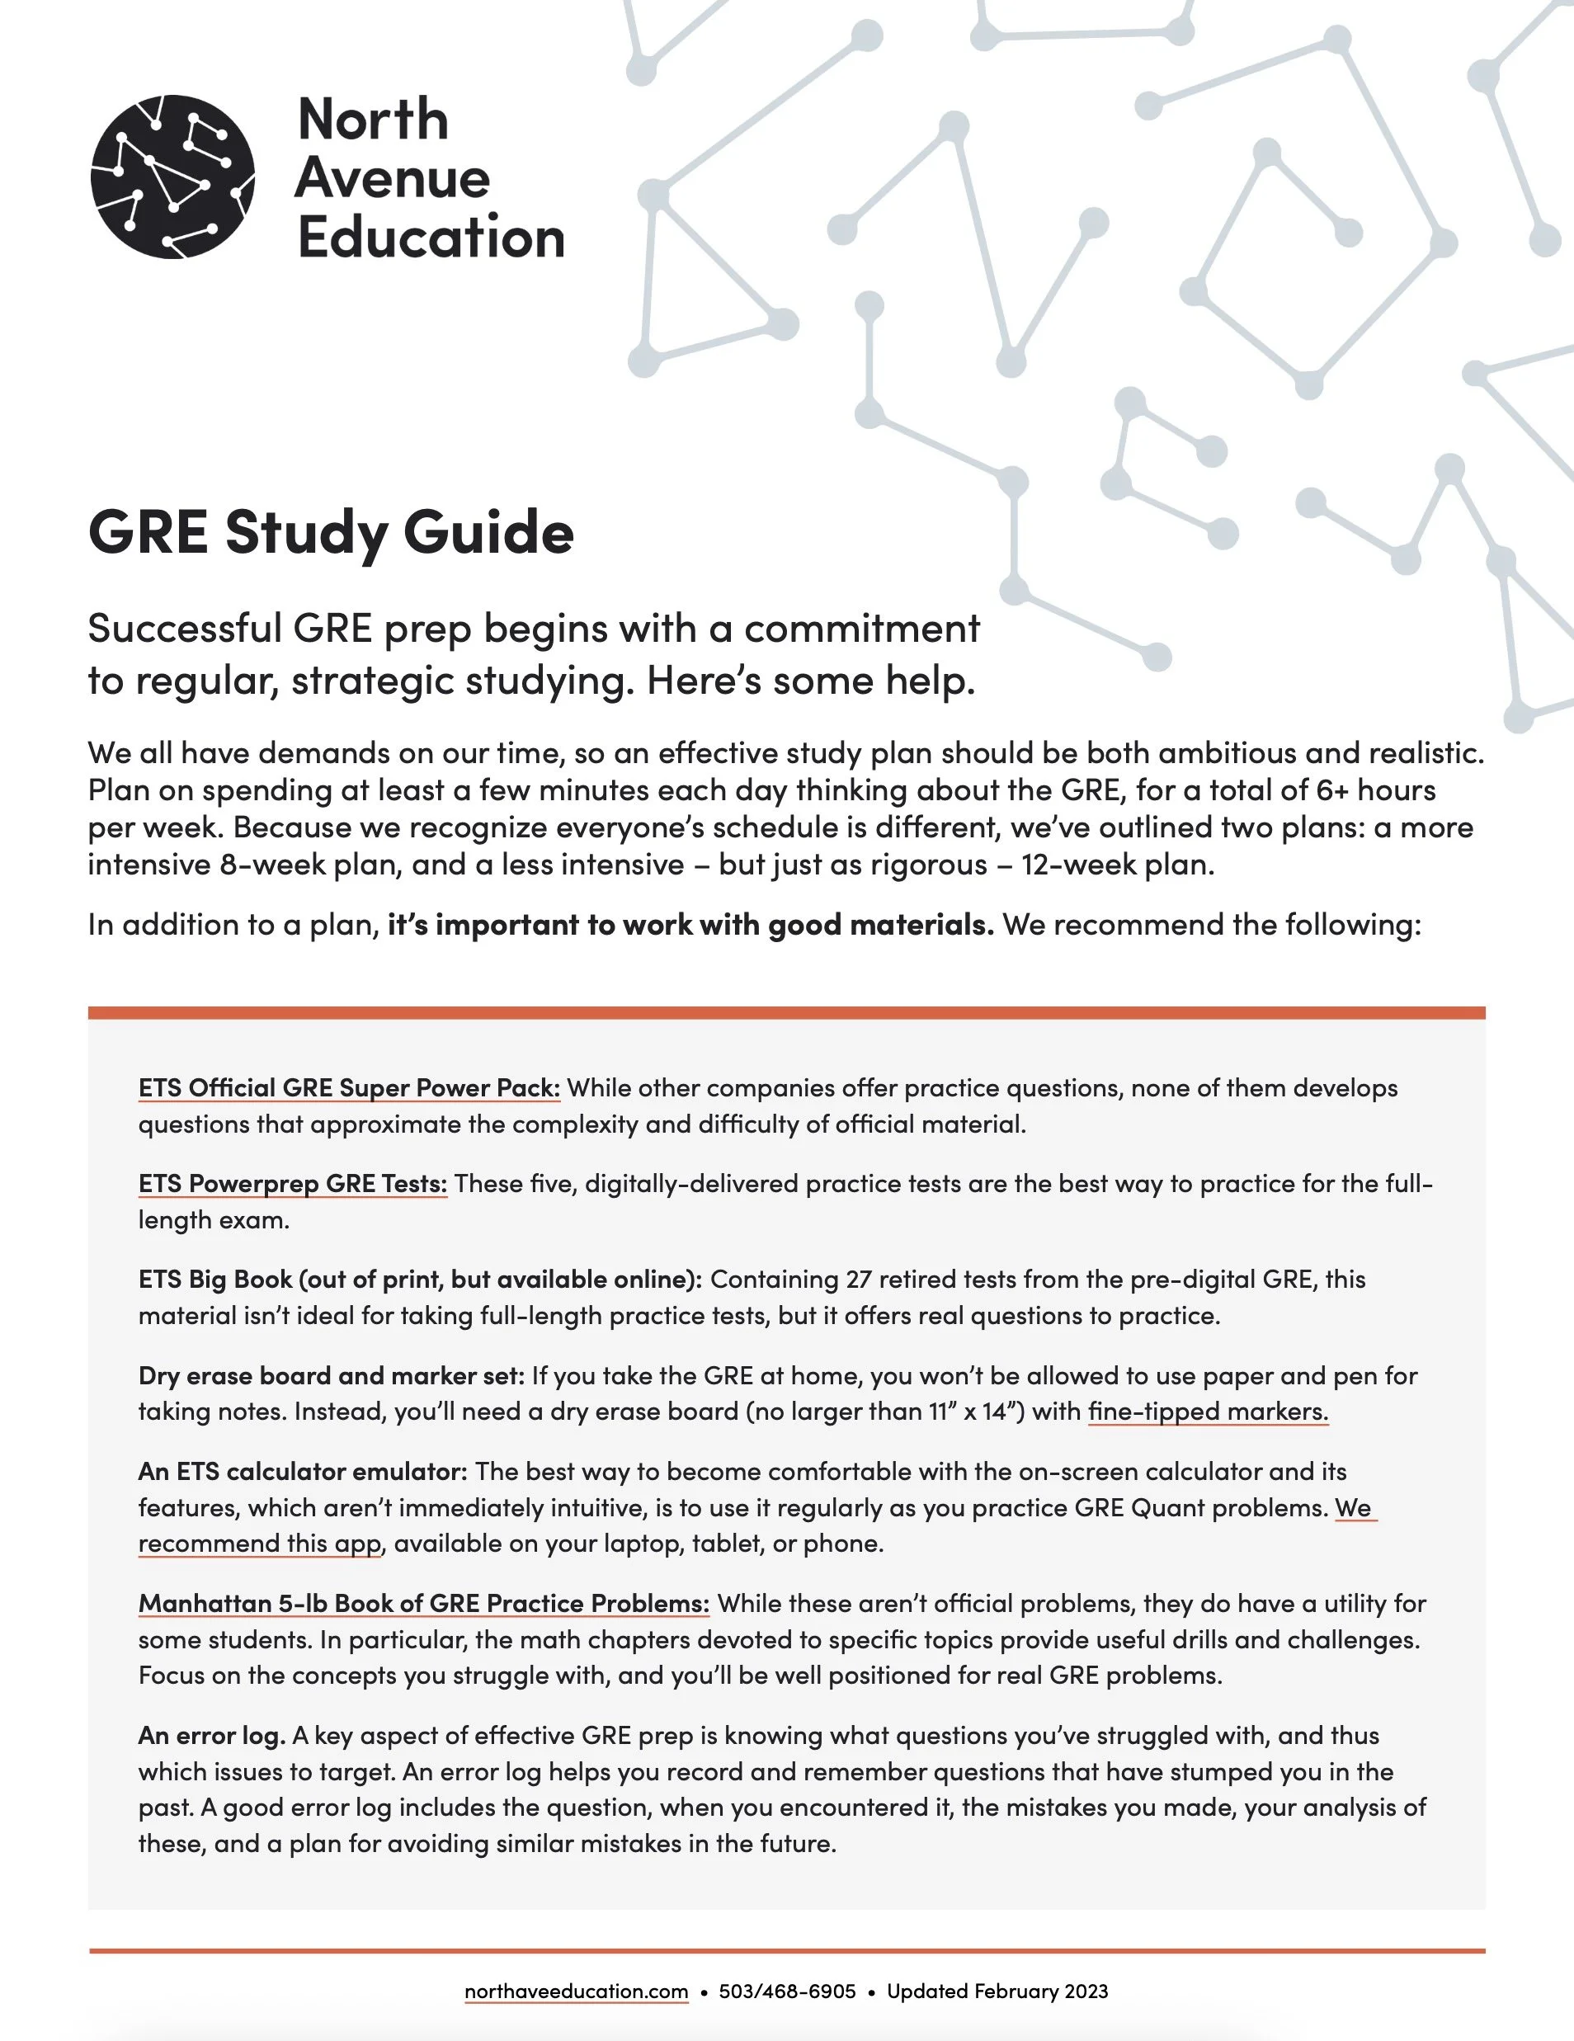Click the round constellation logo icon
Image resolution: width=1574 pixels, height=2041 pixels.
(x=173, y=177)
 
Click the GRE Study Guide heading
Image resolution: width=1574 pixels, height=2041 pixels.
(x=331, y=533)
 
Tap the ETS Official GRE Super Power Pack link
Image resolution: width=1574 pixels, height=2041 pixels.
(x=349, y=1088)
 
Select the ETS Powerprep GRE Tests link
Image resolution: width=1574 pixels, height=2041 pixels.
(x=293, y=1184)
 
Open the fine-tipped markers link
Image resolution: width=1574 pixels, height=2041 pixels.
(x=1208, y=1412)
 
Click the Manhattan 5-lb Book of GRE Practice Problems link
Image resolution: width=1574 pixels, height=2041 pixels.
(x=423, y=1604)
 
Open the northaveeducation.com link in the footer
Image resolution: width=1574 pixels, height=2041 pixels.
(x=576, y=1992)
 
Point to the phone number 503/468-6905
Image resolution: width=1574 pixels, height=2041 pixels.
(x=787, y=1992)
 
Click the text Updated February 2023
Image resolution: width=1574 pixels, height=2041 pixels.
(x=997, y=1992)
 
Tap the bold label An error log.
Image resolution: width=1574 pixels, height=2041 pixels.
(x=211, y=1736)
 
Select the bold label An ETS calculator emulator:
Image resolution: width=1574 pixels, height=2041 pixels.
(x=302, y=1471)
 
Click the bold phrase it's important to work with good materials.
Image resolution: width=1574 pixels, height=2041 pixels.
(x=690, y=925)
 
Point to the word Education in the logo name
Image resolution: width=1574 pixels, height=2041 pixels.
(x=431, y=238)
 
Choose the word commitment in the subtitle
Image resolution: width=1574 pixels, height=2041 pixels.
(x=862, y=629)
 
